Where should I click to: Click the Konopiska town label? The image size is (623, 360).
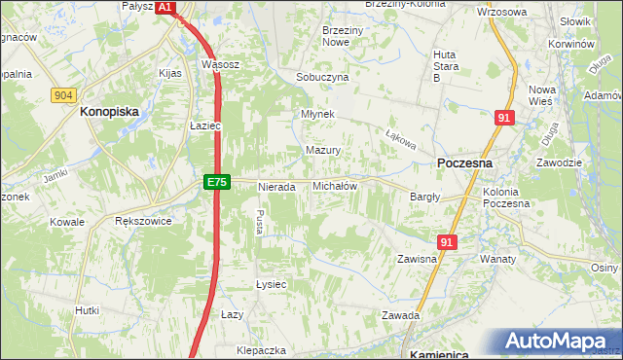110,111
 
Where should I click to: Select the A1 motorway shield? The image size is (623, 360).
165,7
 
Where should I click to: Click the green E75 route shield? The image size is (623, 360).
216,182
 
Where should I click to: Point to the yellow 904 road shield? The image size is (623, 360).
64,94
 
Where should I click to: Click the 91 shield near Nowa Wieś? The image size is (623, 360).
503,118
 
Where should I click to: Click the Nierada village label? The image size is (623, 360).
275,186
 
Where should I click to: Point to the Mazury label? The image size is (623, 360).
322,151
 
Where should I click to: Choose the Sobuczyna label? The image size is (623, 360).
322,76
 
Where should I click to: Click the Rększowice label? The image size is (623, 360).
143,221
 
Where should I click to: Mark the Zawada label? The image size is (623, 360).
400,315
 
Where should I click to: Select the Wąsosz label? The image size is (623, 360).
220,64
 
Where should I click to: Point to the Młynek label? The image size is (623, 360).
318,114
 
